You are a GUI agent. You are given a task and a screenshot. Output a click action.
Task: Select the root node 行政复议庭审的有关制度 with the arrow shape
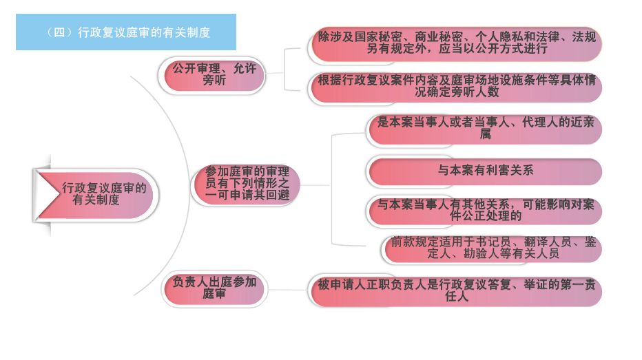point(103,194)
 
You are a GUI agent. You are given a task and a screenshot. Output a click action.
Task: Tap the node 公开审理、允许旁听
point(214,75)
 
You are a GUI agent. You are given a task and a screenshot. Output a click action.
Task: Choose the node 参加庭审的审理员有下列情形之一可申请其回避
point(247,184)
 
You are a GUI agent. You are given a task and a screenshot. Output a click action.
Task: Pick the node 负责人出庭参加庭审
point(214,288)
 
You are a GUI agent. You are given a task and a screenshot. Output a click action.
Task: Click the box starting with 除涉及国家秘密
point(456,43)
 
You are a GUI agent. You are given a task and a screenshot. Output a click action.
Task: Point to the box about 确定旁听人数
point(456,86)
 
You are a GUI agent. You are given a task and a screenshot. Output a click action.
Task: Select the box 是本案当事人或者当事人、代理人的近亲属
point(485,129)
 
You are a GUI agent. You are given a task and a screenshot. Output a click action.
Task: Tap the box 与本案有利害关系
point(485,170)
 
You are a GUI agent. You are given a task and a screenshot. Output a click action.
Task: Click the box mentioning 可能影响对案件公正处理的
point(485,210)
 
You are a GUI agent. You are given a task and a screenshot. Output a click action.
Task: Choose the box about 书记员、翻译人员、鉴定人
point(493,248)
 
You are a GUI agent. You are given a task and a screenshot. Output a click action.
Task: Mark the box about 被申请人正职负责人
point(456,290)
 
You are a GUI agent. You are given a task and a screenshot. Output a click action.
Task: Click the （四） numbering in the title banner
point(60,32)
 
